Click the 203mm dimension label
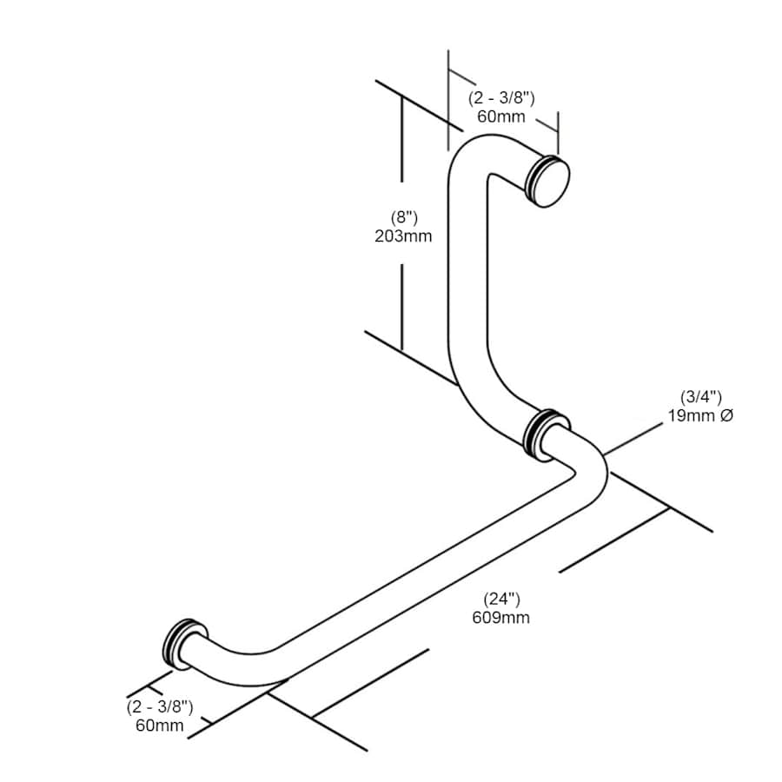pos(403,235)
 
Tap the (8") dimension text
pos(404,218)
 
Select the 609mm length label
pos(500,618)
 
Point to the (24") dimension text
pos(501,599)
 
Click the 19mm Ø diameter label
pos(700,415)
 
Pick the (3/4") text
pos(700,397)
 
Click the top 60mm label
pos(501,116)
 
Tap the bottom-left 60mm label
pos(160,726)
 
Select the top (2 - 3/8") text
pos(501,98)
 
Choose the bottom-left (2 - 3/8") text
pos(160,706)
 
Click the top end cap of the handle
pos(548,181)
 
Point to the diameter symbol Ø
pos(727,415)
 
